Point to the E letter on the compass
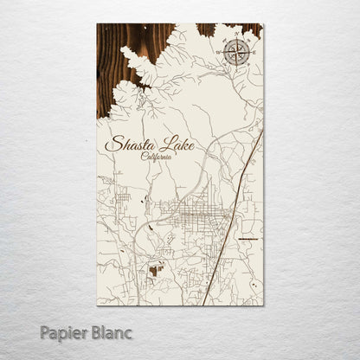255,55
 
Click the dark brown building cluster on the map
156,270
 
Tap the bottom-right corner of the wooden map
262,305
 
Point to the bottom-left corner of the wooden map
98,305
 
